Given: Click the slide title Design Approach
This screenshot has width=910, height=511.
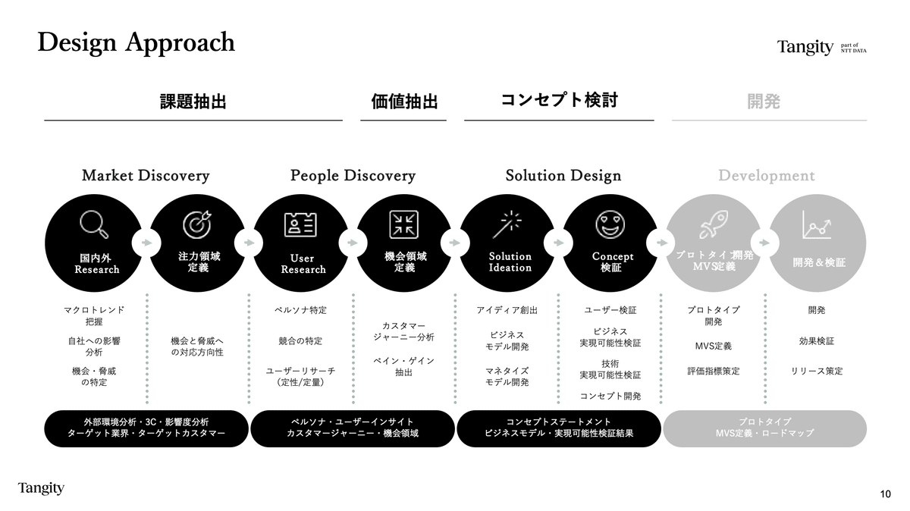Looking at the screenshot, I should click(136, 42).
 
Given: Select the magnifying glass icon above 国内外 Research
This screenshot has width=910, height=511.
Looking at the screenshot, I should click(94, 224).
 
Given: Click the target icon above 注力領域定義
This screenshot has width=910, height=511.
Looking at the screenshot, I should click(198, 224).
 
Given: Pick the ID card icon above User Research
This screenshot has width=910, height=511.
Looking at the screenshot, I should click(301, 224).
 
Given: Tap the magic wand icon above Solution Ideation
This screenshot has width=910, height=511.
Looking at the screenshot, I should click(507, 224).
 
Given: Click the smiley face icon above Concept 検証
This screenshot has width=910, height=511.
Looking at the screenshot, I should click(610, 224).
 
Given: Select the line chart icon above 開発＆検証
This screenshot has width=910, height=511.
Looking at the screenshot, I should click(817, 224).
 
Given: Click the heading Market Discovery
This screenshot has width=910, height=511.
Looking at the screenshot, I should click(146, 176).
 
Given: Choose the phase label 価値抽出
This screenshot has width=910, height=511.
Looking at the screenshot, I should click(404, 102).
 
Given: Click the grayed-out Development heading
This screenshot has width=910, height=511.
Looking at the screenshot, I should click(767, 176).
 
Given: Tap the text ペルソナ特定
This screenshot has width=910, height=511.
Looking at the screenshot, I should click(301, 310).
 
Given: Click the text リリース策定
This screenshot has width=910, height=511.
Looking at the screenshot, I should click(817, 371).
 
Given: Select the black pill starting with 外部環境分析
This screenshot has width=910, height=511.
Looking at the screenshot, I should click(146, 428).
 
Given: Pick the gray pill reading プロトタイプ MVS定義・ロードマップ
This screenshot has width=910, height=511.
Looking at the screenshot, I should click(764, 428).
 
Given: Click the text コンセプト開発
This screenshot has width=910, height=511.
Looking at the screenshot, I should click(610, 396).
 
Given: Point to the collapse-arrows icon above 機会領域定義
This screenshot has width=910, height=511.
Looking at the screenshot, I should click(404, 224).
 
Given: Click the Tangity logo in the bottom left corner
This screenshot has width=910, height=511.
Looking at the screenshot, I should click(41, 487).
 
